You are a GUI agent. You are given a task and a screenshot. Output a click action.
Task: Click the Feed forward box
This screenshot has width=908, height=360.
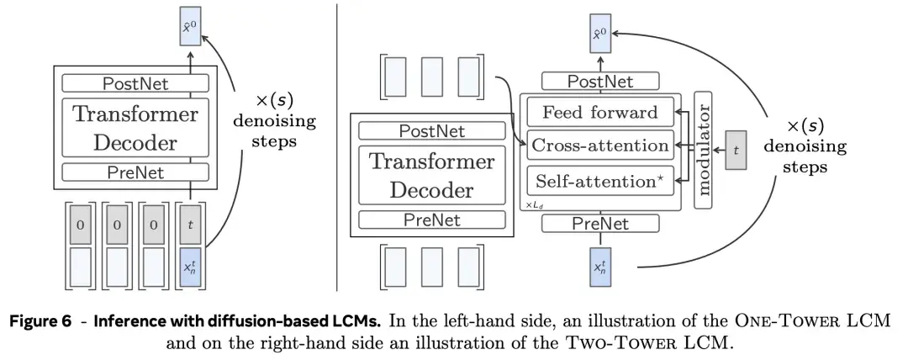(600, 112)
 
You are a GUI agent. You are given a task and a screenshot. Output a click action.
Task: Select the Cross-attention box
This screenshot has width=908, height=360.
(600, 146)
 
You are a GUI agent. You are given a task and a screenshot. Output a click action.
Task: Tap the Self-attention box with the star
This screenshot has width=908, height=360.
(600, 179)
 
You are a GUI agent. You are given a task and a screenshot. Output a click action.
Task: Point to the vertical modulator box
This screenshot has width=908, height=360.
(703, 150)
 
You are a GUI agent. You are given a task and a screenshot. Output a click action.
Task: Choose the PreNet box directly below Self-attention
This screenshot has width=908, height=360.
(600, 223)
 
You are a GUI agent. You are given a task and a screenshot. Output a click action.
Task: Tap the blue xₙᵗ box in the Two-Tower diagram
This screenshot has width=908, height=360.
(600, 268)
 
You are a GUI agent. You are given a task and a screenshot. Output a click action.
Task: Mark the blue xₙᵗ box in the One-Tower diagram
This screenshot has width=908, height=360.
(189, 267)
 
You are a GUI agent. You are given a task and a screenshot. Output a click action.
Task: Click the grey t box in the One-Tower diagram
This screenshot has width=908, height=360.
(189, 225)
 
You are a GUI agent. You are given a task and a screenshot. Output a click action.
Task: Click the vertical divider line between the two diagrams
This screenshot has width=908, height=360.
(337, 143)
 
